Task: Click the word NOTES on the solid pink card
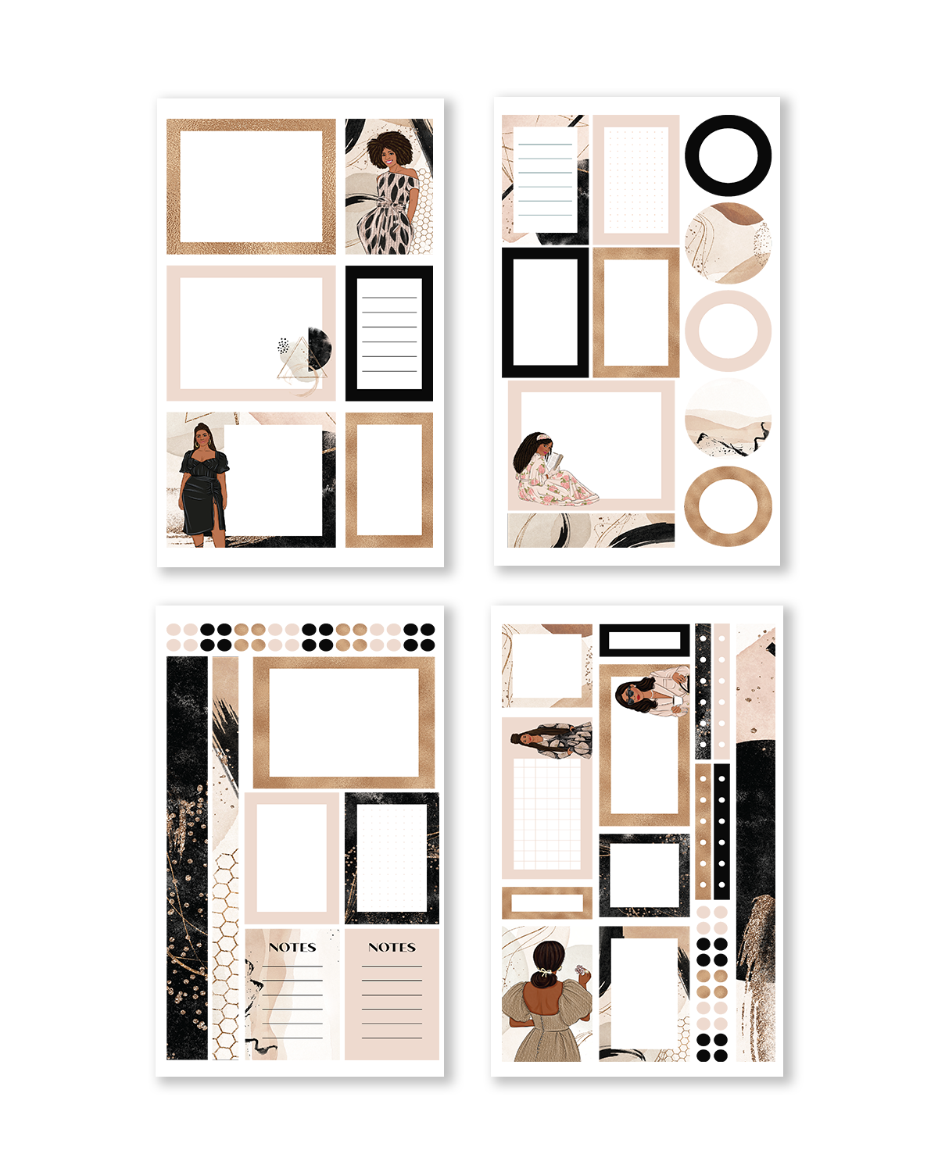pyautogui.click(x=392, y=947)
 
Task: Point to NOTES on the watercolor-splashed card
pyautogui.click(x=292, y=947)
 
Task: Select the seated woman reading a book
pyautogui.click(x=547, y=473)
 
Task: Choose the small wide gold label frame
pyautogui.click(x=546, y=903)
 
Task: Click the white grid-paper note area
pyautogui.click(x=547, y=813)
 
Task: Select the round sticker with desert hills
pyautogui.click(x=728, y=418)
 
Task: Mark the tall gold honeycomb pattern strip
pyautogui.click(x=225, y=953)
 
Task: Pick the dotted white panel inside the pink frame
pyautogui.click(x=636, y=180)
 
